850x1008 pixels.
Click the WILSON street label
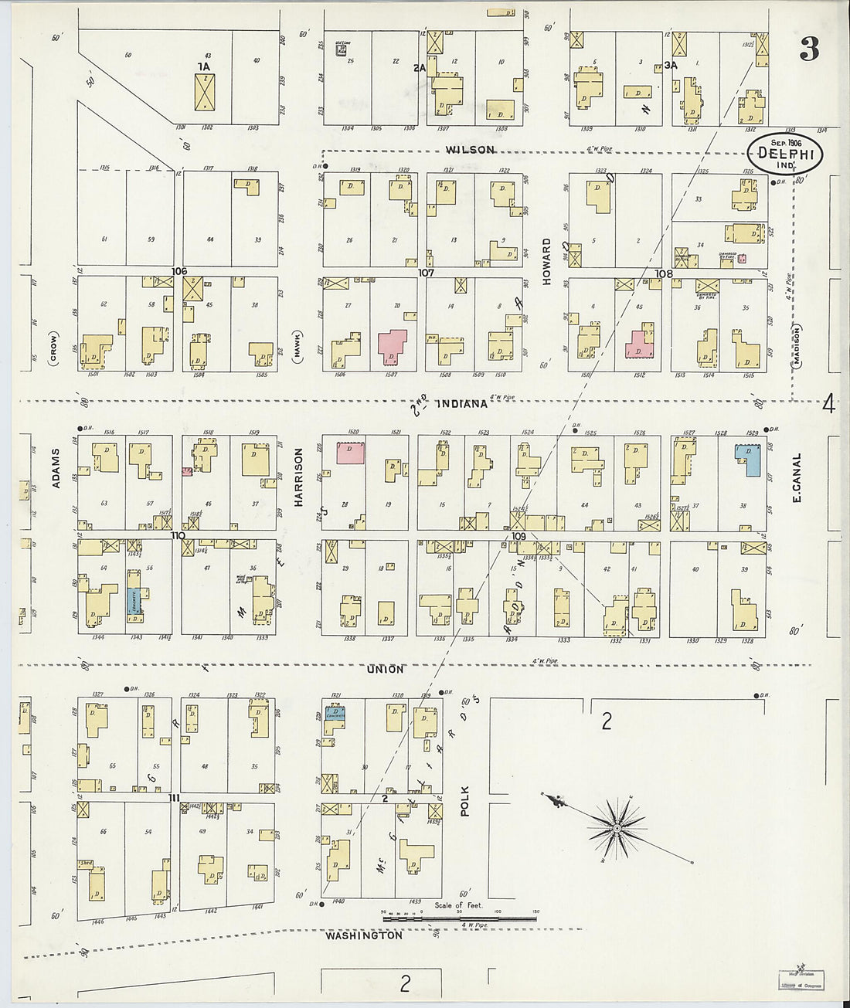470,150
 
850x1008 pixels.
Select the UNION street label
384,669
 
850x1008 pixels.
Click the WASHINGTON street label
363,935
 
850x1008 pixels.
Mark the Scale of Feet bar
459,919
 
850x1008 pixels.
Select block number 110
178,535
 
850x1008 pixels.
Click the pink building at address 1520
352,452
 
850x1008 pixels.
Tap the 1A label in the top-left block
203,67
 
